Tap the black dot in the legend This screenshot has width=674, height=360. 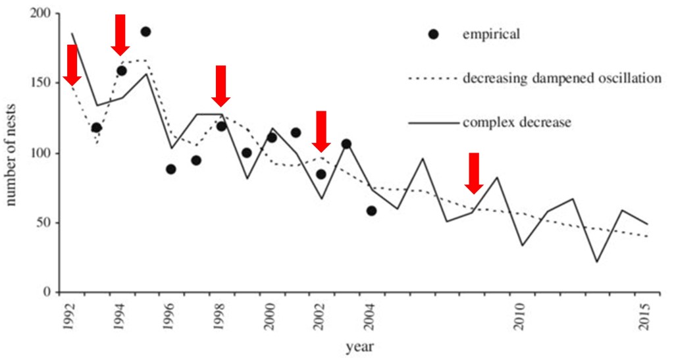(432, 34)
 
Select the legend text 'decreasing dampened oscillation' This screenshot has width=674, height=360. (561, 78)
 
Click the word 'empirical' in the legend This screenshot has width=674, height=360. (491, 35)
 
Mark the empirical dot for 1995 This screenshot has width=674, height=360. (145, 32)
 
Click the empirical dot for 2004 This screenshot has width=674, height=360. (371, 211)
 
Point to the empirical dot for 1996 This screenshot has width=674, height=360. (171, 169)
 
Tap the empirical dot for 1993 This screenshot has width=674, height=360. (96, 128)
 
